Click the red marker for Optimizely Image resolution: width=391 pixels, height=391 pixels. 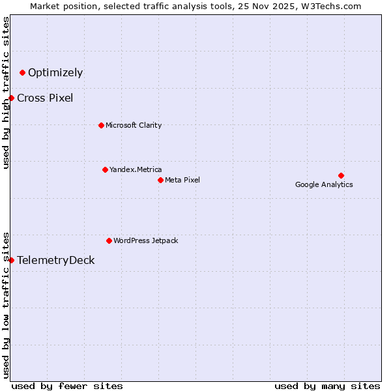23,72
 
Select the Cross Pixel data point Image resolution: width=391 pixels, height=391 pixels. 11,98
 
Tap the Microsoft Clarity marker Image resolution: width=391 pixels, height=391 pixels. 101,125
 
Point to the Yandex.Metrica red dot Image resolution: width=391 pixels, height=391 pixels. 105,169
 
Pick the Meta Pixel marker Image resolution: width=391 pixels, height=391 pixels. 160,180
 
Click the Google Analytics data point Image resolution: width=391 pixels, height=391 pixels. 341,175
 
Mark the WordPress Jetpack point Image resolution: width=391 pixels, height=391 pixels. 109,240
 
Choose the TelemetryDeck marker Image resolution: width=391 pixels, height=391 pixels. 11,260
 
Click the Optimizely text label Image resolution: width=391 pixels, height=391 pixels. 55,72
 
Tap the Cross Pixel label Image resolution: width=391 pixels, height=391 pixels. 45,98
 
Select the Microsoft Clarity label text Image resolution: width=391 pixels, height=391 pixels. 134,125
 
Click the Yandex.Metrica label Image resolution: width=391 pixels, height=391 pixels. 136,169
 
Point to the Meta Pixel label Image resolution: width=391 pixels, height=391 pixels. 182,180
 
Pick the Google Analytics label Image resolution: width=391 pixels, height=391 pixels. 324,184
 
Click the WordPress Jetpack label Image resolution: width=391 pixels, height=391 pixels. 145,240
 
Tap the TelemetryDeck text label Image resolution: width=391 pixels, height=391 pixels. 55,260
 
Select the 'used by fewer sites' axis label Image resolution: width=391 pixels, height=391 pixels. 67,386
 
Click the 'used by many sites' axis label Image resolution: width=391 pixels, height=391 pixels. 327,386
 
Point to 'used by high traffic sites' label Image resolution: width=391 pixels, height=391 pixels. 6,93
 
